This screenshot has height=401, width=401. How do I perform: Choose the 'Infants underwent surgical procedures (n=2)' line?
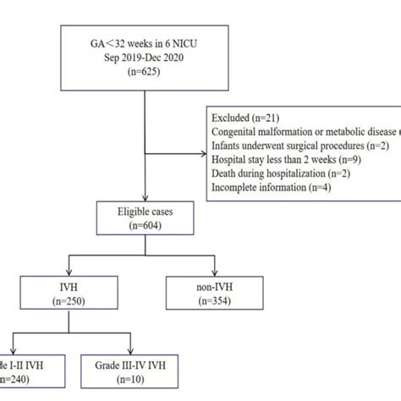point(299,146)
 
